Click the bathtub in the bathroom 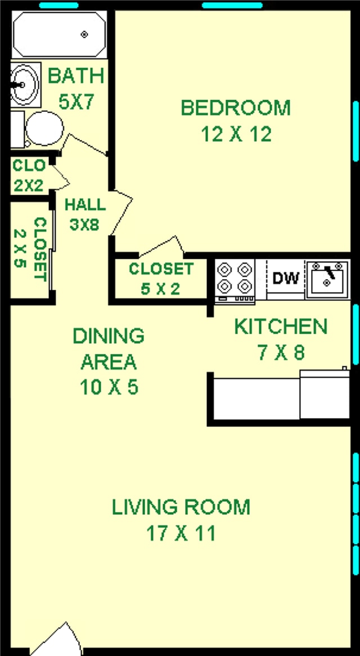58,34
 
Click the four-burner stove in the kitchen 235,279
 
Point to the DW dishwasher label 286,278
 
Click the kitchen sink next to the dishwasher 327,278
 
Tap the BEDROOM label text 236,107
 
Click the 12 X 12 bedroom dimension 236,134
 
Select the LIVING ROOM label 181,507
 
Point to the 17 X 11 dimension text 181,533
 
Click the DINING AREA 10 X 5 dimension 109,388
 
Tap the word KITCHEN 280,326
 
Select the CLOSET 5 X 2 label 161,279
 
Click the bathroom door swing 84,144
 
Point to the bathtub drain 84,34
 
